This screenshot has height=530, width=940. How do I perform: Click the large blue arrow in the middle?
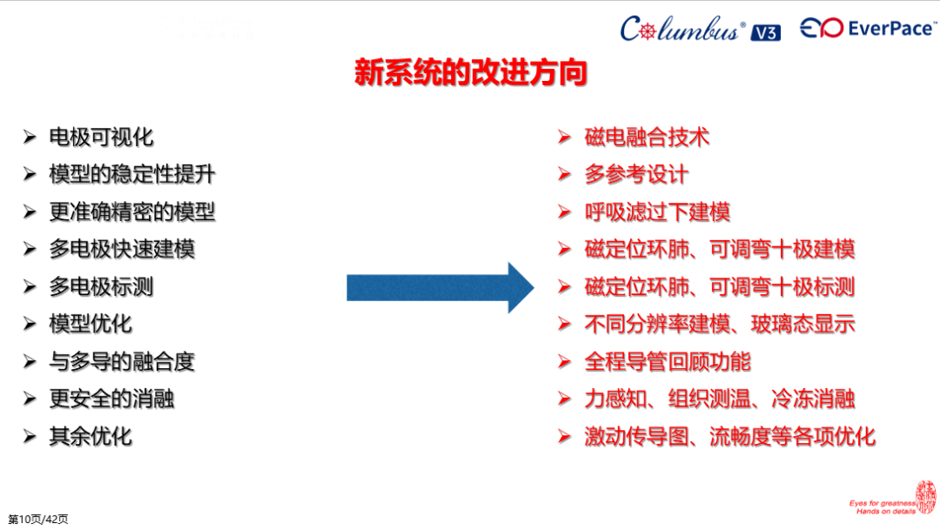tap(440, 287)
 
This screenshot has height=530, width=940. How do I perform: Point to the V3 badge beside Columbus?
tap(764, 32)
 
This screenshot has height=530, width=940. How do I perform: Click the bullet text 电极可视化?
tap(101, 137)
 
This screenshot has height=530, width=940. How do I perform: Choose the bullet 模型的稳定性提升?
tap(131, 174)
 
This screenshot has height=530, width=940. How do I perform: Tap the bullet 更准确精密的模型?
tap(131, 211)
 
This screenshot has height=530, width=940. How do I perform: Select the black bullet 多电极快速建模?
tap(122, 249)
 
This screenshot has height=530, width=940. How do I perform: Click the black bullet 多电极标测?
tap(101, 286)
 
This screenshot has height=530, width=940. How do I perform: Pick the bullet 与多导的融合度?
tap(122, 361)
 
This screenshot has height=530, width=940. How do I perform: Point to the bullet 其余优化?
tap(91, 436)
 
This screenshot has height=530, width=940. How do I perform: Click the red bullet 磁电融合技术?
tap(647, 137)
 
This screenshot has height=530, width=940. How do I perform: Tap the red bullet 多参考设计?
tap(636, 174)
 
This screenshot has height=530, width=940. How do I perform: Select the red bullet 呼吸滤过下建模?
tap(657, 211)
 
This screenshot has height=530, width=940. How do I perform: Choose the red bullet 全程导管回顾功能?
tap(668, 361)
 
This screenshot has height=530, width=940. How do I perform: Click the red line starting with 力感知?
tap(720, 399)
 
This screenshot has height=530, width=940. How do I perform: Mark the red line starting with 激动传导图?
tap(729, 436)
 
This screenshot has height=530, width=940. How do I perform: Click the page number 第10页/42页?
tap(38, 520)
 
